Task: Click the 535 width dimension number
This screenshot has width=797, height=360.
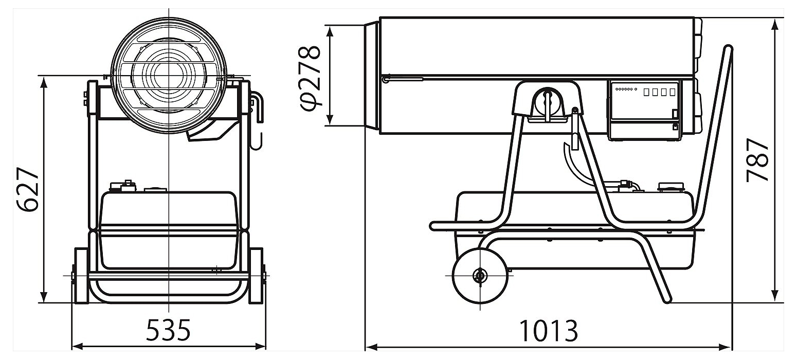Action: (x=168, y=330)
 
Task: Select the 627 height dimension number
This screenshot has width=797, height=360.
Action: (x=28, y=189)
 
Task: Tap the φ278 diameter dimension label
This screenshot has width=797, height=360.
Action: (x=310, y=78)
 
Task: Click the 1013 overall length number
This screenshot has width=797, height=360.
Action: (x=549, y=331)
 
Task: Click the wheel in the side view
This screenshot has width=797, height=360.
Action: (x=480, y=276)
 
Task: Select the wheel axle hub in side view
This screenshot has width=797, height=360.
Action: (x=480, y=276)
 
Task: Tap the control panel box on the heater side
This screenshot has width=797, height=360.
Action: (x=644, y=110)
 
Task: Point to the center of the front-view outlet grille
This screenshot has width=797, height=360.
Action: (x=169, y=76)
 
